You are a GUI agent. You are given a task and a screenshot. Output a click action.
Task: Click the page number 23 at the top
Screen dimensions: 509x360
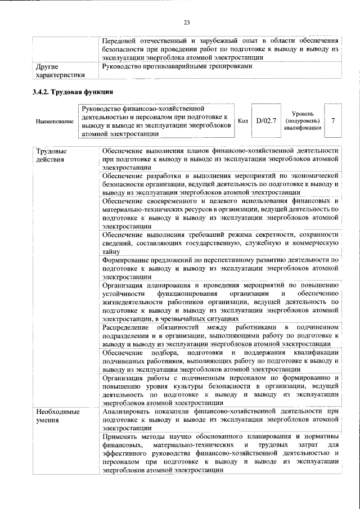pyautogui.click(x=187, y=22)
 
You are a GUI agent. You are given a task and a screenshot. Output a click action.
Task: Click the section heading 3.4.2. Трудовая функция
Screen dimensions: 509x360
pyautogui.click(x=74, y=92)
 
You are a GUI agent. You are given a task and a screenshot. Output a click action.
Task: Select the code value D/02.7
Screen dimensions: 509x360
pyautogui.click(x=265, y=120)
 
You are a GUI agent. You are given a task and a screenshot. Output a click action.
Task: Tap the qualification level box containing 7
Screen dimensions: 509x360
pyautogui.click(x=333, y=120)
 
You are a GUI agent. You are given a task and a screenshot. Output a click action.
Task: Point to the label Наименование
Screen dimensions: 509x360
pyautogui.click(x=54, y=121)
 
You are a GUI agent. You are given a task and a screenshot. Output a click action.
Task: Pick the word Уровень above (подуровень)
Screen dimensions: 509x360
pyautogui.click(x=302, y=113)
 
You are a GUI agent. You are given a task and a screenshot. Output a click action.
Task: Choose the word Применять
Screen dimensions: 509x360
pyautogui.click(x=121, y=437)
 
